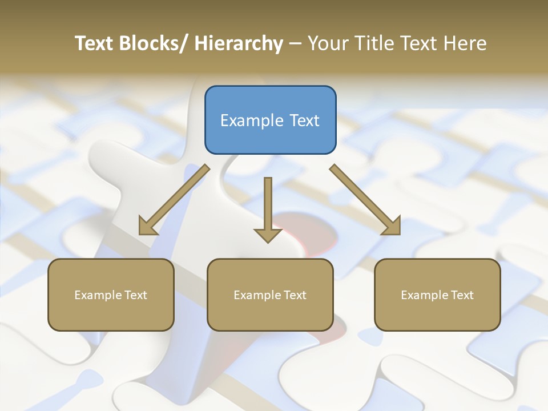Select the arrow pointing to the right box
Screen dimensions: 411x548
tap(365, 199)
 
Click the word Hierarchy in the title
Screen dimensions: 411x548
tap(239, 43)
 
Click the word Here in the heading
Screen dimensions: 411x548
tap(465, 43)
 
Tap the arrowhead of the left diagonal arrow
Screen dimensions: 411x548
tap(147, 227)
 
